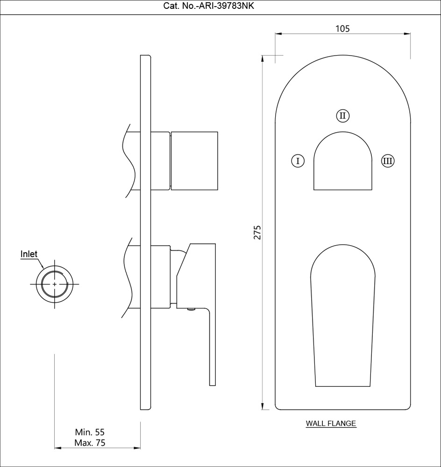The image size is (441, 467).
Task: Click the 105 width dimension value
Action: (x=342, y=28)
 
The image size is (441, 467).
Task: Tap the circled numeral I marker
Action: (x=298, y=161)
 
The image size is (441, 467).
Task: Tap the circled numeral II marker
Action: (x=342, y=115)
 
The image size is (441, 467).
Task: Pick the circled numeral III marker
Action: (x=387, y=161)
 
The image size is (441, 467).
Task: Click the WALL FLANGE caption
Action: (x=331, y=424)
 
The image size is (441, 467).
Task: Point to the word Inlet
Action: (x=29, y=254)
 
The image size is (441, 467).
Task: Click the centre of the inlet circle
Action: (x=55, y=284)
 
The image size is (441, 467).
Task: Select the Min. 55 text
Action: (x=90, y=432)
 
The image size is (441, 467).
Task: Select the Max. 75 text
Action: (x=90, y=443)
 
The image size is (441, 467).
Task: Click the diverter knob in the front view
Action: (x=342, y=162)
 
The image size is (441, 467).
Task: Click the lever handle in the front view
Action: (x=343, y=318)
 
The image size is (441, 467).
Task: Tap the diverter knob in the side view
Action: (x=194, y=161)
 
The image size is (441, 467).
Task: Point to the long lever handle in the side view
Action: (x=212, y=346)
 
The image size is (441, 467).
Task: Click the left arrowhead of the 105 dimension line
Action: (x=277, y=34)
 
